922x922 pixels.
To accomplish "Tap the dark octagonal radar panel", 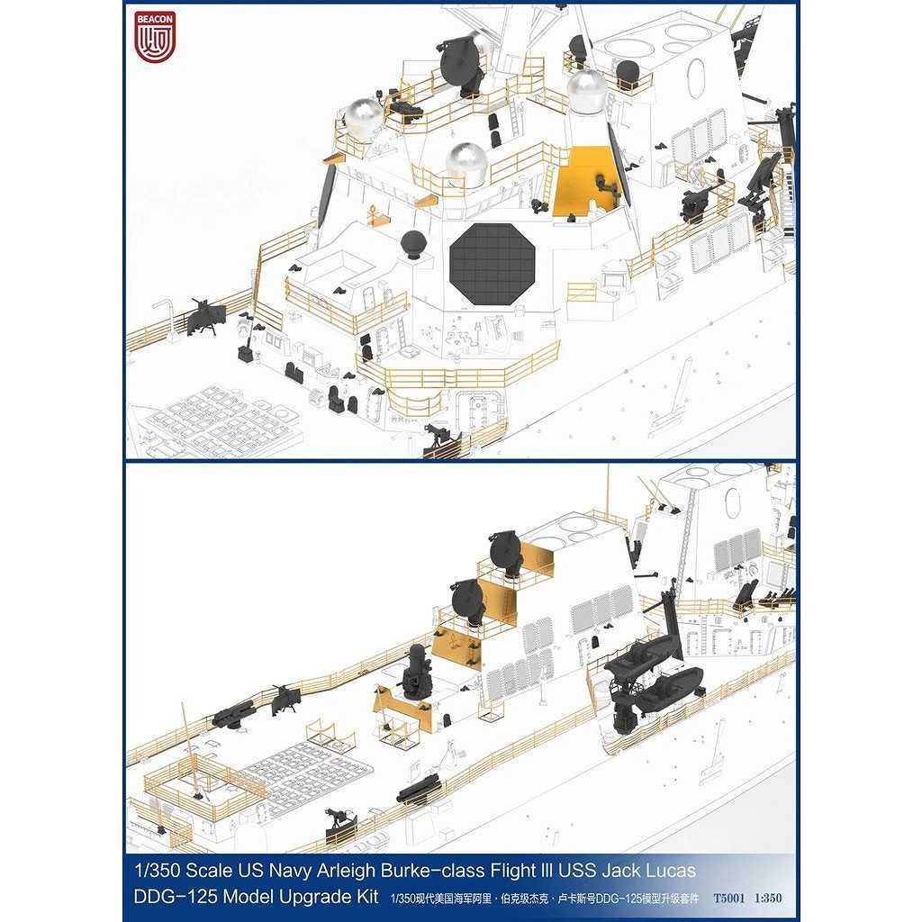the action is (x=493, y=264).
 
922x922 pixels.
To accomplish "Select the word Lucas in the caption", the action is (x=671, y=871).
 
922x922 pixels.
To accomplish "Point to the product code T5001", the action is (x=728, y=898).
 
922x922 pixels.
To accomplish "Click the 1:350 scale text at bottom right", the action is (x=768, y=898).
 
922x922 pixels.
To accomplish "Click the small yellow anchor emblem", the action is (x=372, y=214).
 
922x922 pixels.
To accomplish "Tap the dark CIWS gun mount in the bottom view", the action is (x=417, y=672).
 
